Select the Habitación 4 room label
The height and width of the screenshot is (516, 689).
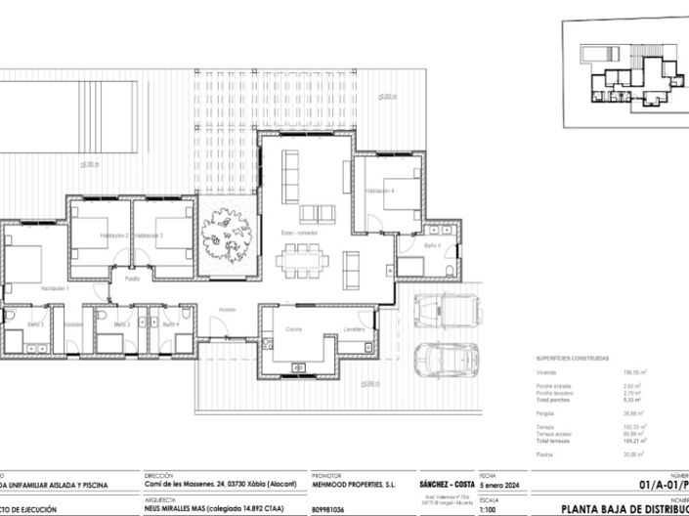(x=379, y=191)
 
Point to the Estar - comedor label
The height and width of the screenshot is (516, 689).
(x=300, y=234)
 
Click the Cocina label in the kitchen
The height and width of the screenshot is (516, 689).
(x=294, y=329)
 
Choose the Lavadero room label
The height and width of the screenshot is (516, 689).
(x=354, y=329)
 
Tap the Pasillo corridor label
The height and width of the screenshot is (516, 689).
(x=131, y=279)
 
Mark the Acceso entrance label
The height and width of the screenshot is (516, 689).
(x=227, y=310)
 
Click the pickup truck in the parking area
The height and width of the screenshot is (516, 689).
(x=446, y=311)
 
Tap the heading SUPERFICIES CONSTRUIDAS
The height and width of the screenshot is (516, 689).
(x=573, y=359)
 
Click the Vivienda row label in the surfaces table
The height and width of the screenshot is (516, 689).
(x=546, y=372)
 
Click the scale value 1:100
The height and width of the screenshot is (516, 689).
(x=488, y=509)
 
